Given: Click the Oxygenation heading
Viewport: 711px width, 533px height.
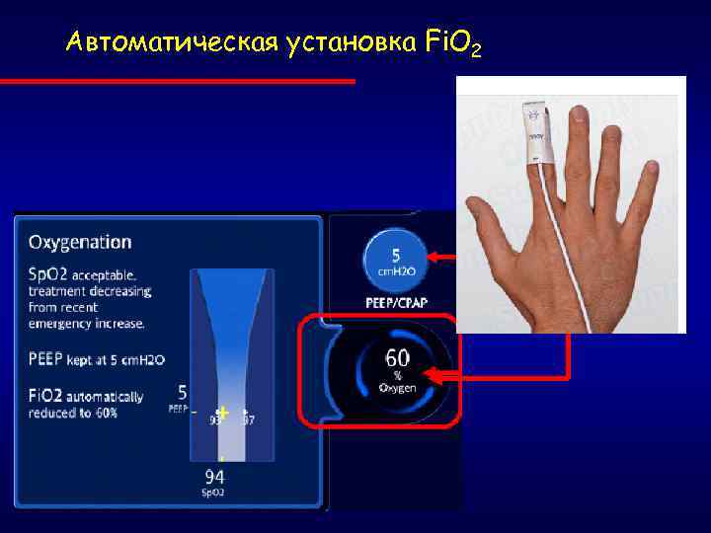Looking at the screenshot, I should (x=80, y=242).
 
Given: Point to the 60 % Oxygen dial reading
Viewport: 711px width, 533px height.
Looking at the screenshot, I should (x=398, y=369).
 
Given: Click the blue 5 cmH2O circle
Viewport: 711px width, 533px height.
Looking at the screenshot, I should (x=394, y=259).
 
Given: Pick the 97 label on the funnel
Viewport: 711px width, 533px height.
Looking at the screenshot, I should (x=249, y=420).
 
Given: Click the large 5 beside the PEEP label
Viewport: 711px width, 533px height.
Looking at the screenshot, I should (x=182, y=392).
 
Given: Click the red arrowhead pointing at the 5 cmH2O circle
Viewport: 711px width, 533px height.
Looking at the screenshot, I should (x=434, y=259).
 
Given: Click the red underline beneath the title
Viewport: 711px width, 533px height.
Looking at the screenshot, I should (x=178, y=81).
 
